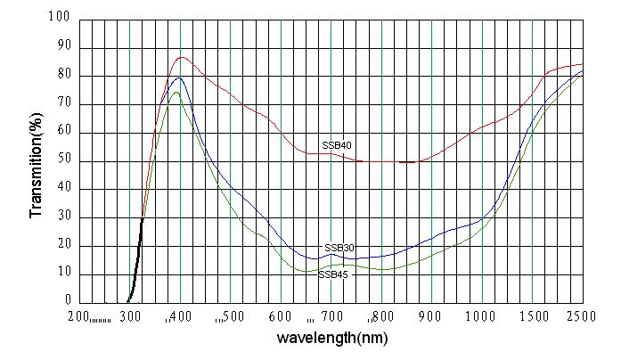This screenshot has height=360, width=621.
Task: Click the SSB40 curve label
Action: (336, 145)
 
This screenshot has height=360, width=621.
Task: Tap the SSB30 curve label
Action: (336, 247)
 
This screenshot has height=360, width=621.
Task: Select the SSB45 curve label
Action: (332, 274)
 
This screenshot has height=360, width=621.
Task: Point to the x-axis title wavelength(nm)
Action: (332, 339)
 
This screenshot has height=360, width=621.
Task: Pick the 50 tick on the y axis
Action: (62, 160)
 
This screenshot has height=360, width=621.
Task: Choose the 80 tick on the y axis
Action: (62, 75)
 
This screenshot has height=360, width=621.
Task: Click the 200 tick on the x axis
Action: (79, 315)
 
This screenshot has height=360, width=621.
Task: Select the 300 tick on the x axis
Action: (130, 315)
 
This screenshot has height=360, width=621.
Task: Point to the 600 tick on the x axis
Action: (281, 315)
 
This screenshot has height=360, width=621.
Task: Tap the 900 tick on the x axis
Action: (432, 315)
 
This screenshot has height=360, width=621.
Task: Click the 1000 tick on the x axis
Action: (481, 315)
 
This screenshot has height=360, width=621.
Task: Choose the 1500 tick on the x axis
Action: (532, 315)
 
